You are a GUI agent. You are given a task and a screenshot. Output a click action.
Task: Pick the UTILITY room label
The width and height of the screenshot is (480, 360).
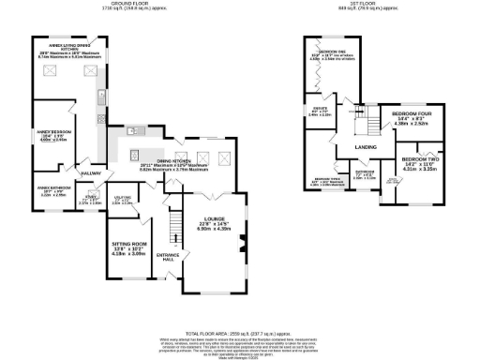pyautogui.click(x=123, y=198)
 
